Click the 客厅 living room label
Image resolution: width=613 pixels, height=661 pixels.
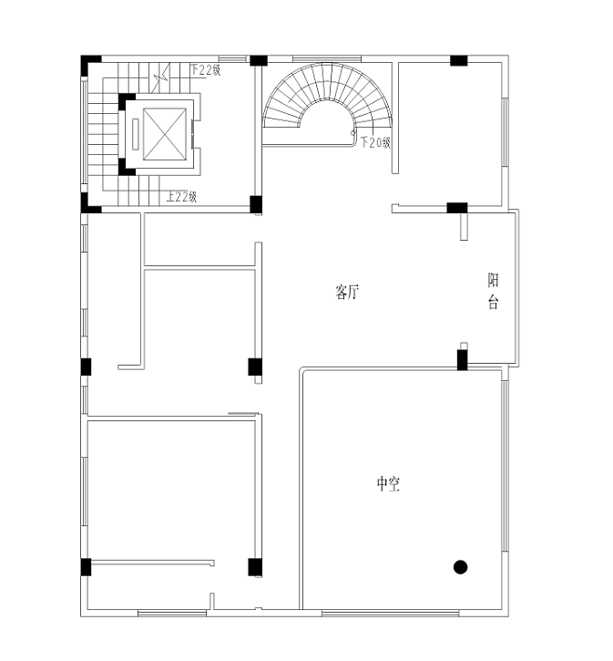pos(347,292)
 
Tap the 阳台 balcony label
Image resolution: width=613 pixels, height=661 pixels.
pos(493,291)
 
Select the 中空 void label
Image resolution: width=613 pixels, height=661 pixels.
pos(388,483)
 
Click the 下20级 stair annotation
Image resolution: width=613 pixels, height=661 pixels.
pos(375,142)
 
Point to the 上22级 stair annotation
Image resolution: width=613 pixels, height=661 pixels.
pos(181,196)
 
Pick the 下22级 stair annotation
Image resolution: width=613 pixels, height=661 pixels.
pos(206,69)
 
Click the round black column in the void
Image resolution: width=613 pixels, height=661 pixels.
pos(461,567)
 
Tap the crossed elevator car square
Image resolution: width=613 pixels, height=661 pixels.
pos(165,134)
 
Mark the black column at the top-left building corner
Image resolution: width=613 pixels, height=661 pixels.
pos(87,63)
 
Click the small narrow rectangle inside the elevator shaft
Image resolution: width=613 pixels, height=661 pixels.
pos(136,134)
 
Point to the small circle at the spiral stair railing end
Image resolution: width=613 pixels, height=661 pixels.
pos(352,133)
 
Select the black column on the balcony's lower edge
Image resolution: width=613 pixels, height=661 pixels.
pos(463,360)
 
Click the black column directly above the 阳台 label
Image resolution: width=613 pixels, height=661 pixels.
pos(457,208)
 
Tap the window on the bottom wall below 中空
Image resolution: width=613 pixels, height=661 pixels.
pos(390,613)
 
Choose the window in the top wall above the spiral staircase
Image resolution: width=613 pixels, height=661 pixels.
pos(327,58)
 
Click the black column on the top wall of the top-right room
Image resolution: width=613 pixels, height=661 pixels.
pos(459,60)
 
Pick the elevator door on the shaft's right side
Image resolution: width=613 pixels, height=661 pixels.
pos(193,134)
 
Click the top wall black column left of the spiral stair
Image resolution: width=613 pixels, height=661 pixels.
pos(259,60)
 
